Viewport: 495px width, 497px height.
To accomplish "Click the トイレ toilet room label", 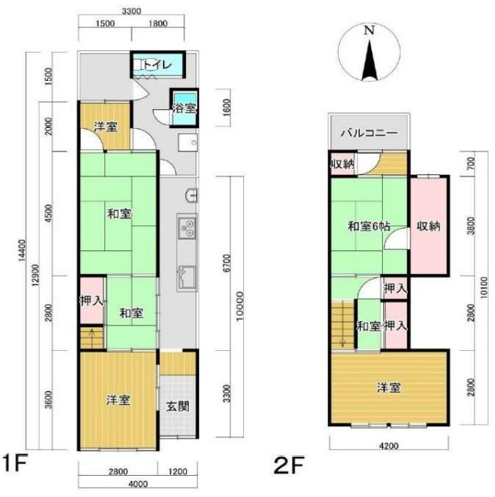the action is point(157,64).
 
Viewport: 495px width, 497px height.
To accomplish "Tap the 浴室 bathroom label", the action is point(184,108).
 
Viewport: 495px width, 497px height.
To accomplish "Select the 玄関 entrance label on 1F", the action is point(177,406).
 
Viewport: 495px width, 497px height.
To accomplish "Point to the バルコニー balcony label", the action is point(369,133).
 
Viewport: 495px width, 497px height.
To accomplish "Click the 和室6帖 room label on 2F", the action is point(369,226).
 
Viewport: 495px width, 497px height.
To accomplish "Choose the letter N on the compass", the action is point(369,31).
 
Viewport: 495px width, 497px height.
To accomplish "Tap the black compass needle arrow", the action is point(369,61).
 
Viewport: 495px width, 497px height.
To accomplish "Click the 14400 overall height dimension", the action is point(22,250).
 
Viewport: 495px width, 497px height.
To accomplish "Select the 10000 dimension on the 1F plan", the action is point(240,306).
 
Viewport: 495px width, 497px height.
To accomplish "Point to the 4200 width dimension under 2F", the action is point(388,446).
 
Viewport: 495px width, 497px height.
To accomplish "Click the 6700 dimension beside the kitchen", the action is point(227,263).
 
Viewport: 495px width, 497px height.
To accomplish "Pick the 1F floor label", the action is point(15,463).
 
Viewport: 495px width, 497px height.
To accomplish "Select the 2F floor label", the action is point(289,465).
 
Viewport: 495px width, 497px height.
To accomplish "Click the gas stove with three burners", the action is point(187,228).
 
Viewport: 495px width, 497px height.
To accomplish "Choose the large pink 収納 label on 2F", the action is point(428,226).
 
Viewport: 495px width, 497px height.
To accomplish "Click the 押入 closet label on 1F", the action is point(92,301).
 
